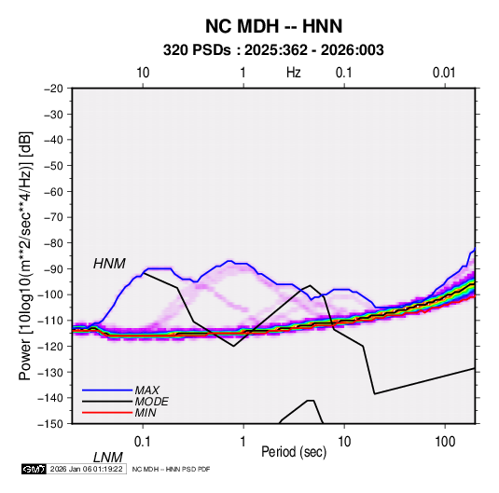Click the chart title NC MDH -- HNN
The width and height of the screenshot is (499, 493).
click(273, 26)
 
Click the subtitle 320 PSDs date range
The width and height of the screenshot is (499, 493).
click(273, 50)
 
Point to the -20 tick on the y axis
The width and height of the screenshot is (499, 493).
click(53, 89)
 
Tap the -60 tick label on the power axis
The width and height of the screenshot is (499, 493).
click(53, 191)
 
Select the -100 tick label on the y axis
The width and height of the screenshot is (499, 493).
click(50, 294)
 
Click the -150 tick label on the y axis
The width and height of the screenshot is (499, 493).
click(50, 424)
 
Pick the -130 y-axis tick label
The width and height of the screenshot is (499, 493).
click(50, 372)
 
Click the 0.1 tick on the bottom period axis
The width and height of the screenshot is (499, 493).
click(142, 441)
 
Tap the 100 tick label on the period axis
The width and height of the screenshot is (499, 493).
click(445, 441)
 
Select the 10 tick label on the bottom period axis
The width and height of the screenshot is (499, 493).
click(344, 441)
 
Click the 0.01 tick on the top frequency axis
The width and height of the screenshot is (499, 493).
click(444, 73)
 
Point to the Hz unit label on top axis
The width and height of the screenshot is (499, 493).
click(294, 73)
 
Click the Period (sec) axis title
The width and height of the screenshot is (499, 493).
click(294, 452)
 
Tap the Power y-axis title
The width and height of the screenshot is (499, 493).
click(25, 256)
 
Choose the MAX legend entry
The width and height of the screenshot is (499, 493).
click(147, 390)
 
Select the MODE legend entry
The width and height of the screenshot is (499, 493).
click(151, 402)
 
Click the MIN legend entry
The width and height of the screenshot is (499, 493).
click(146, 413)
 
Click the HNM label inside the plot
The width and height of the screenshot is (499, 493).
click(109, 264)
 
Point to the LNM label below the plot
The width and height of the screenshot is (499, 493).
click(107, 458)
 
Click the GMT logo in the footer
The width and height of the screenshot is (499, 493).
click(34, 469)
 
